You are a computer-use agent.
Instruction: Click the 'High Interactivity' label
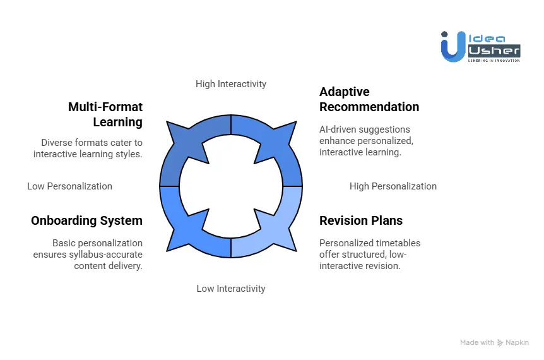(x=230, y=84)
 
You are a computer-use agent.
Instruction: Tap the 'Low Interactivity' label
(x=230, y=289)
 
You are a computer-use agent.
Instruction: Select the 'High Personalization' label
(x=393, y=186)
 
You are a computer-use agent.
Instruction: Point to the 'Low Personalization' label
(x=69, y=186)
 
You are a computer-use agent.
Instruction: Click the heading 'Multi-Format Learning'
(x=105, y=114)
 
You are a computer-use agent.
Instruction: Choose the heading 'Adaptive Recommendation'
(x=369, y=99)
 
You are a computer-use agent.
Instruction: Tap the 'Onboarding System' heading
(x=86, y=220)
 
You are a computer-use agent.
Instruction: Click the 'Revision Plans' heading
(x=360, y=220)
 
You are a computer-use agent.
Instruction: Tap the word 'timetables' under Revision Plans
(x=398, y=243)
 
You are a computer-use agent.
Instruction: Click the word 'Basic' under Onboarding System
(x=65, y=243)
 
